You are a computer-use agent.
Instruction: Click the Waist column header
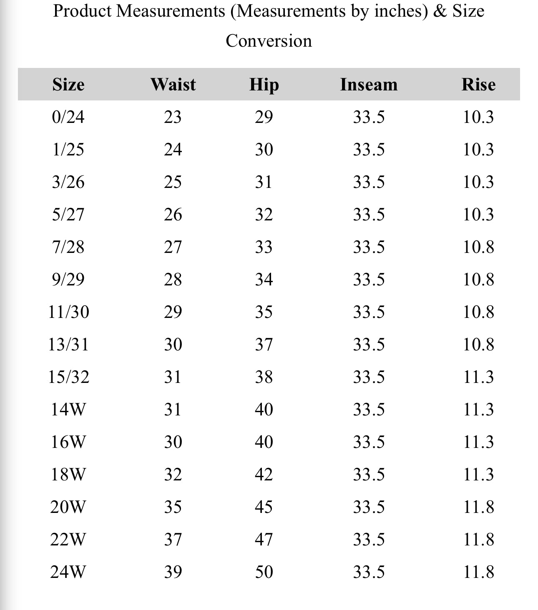coord(173,85)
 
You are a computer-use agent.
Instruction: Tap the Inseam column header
coord(369,85)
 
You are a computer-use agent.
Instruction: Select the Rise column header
coord(478,85)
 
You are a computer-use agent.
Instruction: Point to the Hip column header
coord(264,85)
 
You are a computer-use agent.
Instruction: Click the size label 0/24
coord(68,117)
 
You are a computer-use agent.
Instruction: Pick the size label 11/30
coord(68,312)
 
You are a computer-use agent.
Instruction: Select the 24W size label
coord(68,572)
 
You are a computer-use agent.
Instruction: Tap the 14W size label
coord(68,410)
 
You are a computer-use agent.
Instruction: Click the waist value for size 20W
coord(173,507)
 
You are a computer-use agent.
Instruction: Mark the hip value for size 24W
coord(264,572)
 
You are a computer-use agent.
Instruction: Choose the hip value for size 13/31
coord(264,345)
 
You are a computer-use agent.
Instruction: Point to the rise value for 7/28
coord(478,247)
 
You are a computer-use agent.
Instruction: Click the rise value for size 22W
coord(478,540)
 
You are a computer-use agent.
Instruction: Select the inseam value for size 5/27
coord(369,215)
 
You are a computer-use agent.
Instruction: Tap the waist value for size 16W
coord(173,442)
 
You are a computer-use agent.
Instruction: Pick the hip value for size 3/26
coord(264,182)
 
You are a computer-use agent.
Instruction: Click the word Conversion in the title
coord(269,41)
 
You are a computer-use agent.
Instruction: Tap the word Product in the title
coord(82,11)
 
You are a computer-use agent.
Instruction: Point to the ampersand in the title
coord(440,11)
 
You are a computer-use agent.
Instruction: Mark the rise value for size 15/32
coord(478,377)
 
